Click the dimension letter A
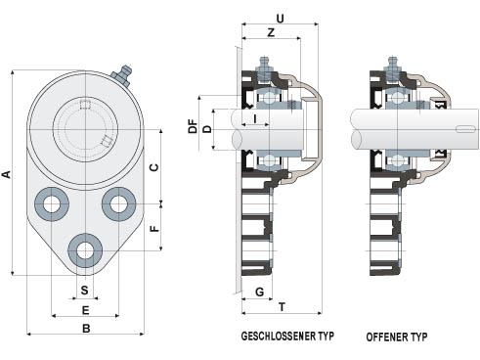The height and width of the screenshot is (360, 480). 7,174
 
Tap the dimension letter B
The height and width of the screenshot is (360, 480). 86,328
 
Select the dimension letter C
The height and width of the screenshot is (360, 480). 154,167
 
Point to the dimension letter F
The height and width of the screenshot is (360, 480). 155,228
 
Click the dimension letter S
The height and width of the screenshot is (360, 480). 85,290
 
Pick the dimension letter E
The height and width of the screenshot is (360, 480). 85,310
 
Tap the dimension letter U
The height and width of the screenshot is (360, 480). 280,19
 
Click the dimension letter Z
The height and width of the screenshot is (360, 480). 271,32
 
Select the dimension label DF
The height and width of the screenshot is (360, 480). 194,126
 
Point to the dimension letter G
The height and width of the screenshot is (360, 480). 260,292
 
